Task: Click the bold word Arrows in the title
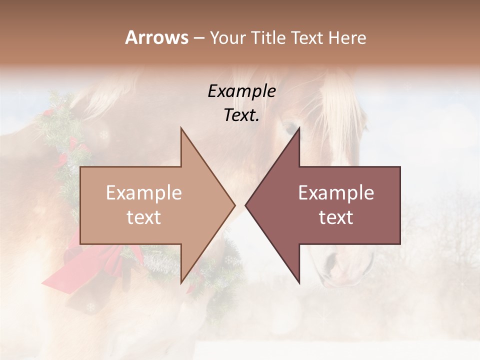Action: [156, 37]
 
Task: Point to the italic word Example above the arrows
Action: [241, 91]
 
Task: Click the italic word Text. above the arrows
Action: [241, 115]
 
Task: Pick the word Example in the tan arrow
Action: [143, 193]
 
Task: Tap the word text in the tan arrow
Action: [143, 217]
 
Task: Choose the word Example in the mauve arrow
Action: [336, 193]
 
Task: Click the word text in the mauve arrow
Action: [336, 217]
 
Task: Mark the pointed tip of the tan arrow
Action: [234, 205]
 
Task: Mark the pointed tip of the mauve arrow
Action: [245, 205]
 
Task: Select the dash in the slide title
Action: [198, 38]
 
